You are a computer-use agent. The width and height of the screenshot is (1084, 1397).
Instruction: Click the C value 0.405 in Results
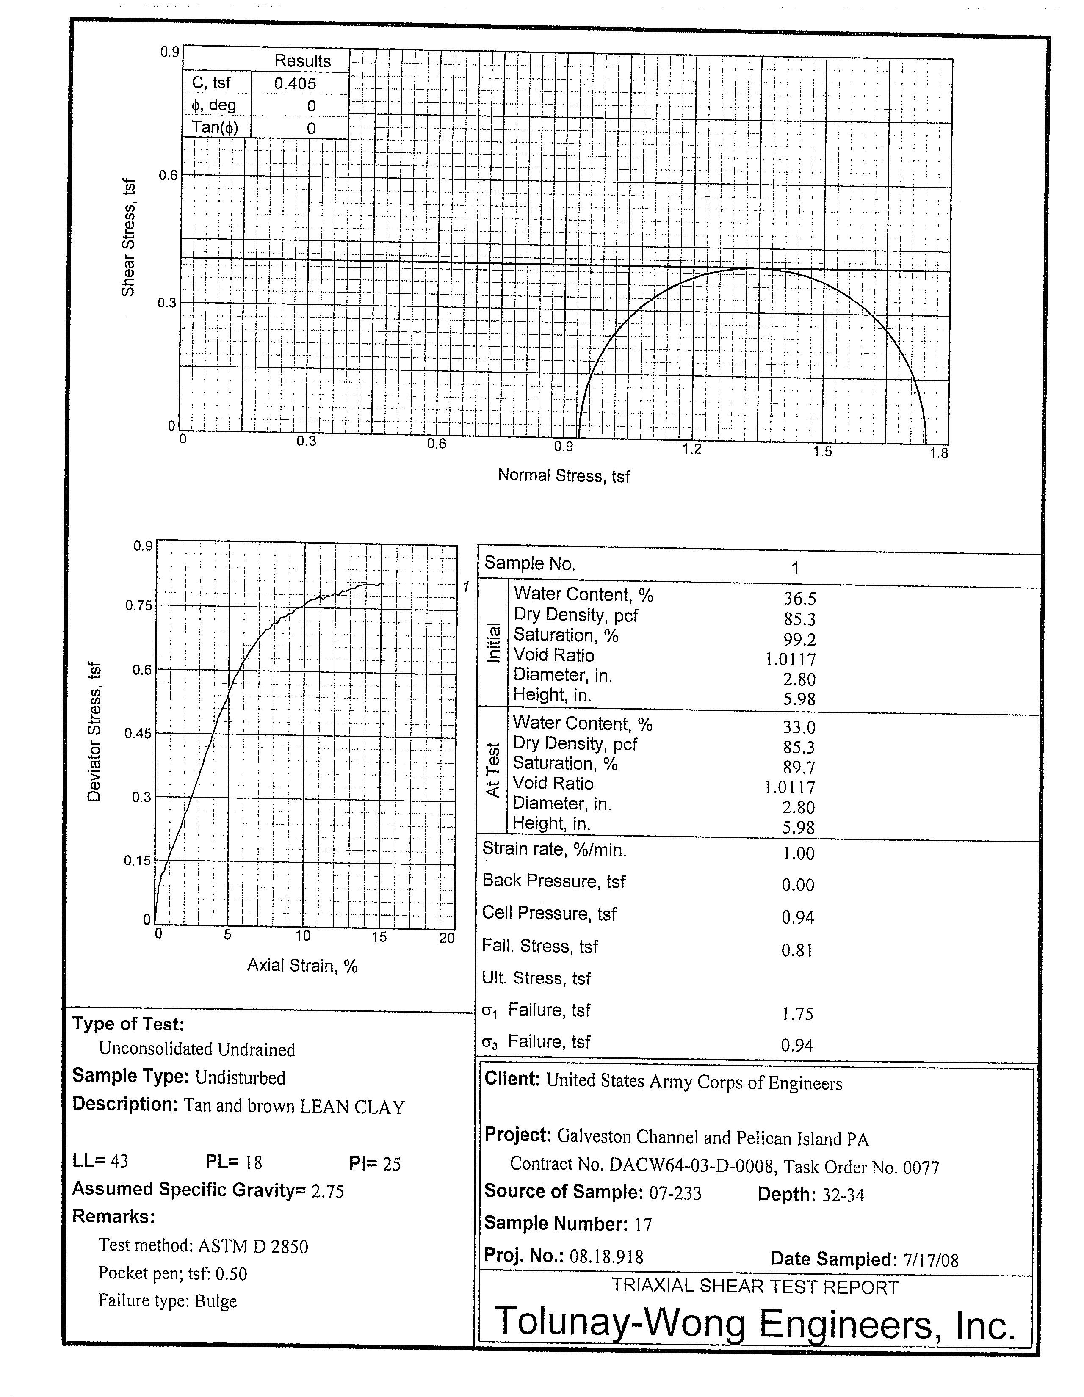[x=295, y=83]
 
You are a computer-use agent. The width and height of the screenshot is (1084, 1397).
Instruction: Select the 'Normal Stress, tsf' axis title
[x=563, y=475]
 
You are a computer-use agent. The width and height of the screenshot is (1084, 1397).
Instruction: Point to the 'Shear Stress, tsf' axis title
[x=129, y=238]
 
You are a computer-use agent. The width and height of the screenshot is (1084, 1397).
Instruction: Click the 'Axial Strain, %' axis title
[x=302, y=965]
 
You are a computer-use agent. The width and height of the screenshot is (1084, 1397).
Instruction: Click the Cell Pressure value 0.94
[x=797, y=918]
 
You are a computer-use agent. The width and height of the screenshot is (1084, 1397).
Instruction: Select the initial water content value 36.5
[x=800, y=598]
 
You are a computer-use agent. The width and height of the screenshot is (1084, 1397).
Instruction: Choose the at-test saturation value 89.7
[x=799, y=767]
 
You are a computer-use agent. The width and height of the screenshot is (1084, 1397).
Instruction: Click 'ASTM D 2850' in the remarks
[x=253, y=1246]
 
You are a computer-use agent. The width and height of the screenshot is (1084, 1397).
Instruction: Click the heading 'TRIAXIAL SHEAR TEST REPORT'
[x=755, y=1287]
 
